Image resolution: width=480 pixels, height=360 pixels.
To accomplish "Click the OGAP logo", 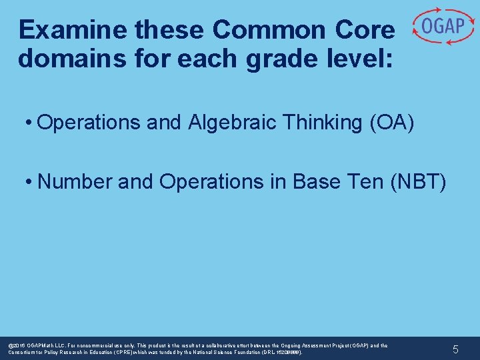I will [442, 27].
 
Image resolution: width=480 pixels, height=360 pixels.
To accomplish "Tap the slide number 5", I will [455, 349].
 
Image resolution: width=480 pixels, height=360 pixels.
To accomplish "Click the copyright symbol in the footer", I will [10, 345].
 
